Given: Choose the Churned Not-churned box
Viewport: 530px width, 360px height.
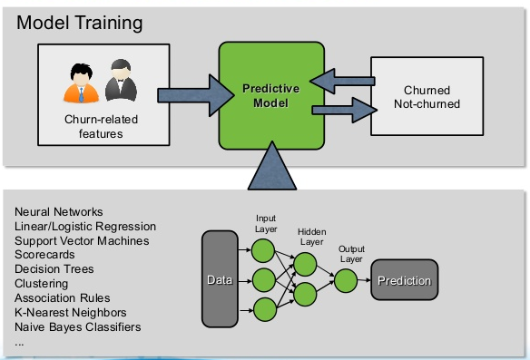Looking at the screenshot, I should point(432,98).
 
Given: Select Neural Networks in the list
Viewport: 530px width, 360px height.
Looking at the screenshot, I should point(58,212).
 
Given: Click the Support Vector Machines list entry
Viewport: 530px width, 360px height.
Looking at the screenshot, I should point(82,240).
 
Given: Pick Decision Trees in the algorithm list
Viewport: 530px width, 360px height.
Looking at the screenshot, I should point(54,269).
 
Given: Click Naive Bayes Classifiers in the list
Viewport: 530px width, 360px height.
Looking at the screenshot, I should point(78,326).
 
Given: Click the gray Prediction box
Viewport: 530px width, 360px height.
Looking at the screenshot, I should point(404,280).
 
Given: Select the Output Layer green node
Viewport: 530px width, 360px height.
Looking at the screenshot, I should point(344,280).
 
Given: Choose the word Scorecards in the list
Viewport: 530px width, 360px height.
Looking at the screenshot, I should point(44,255).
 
